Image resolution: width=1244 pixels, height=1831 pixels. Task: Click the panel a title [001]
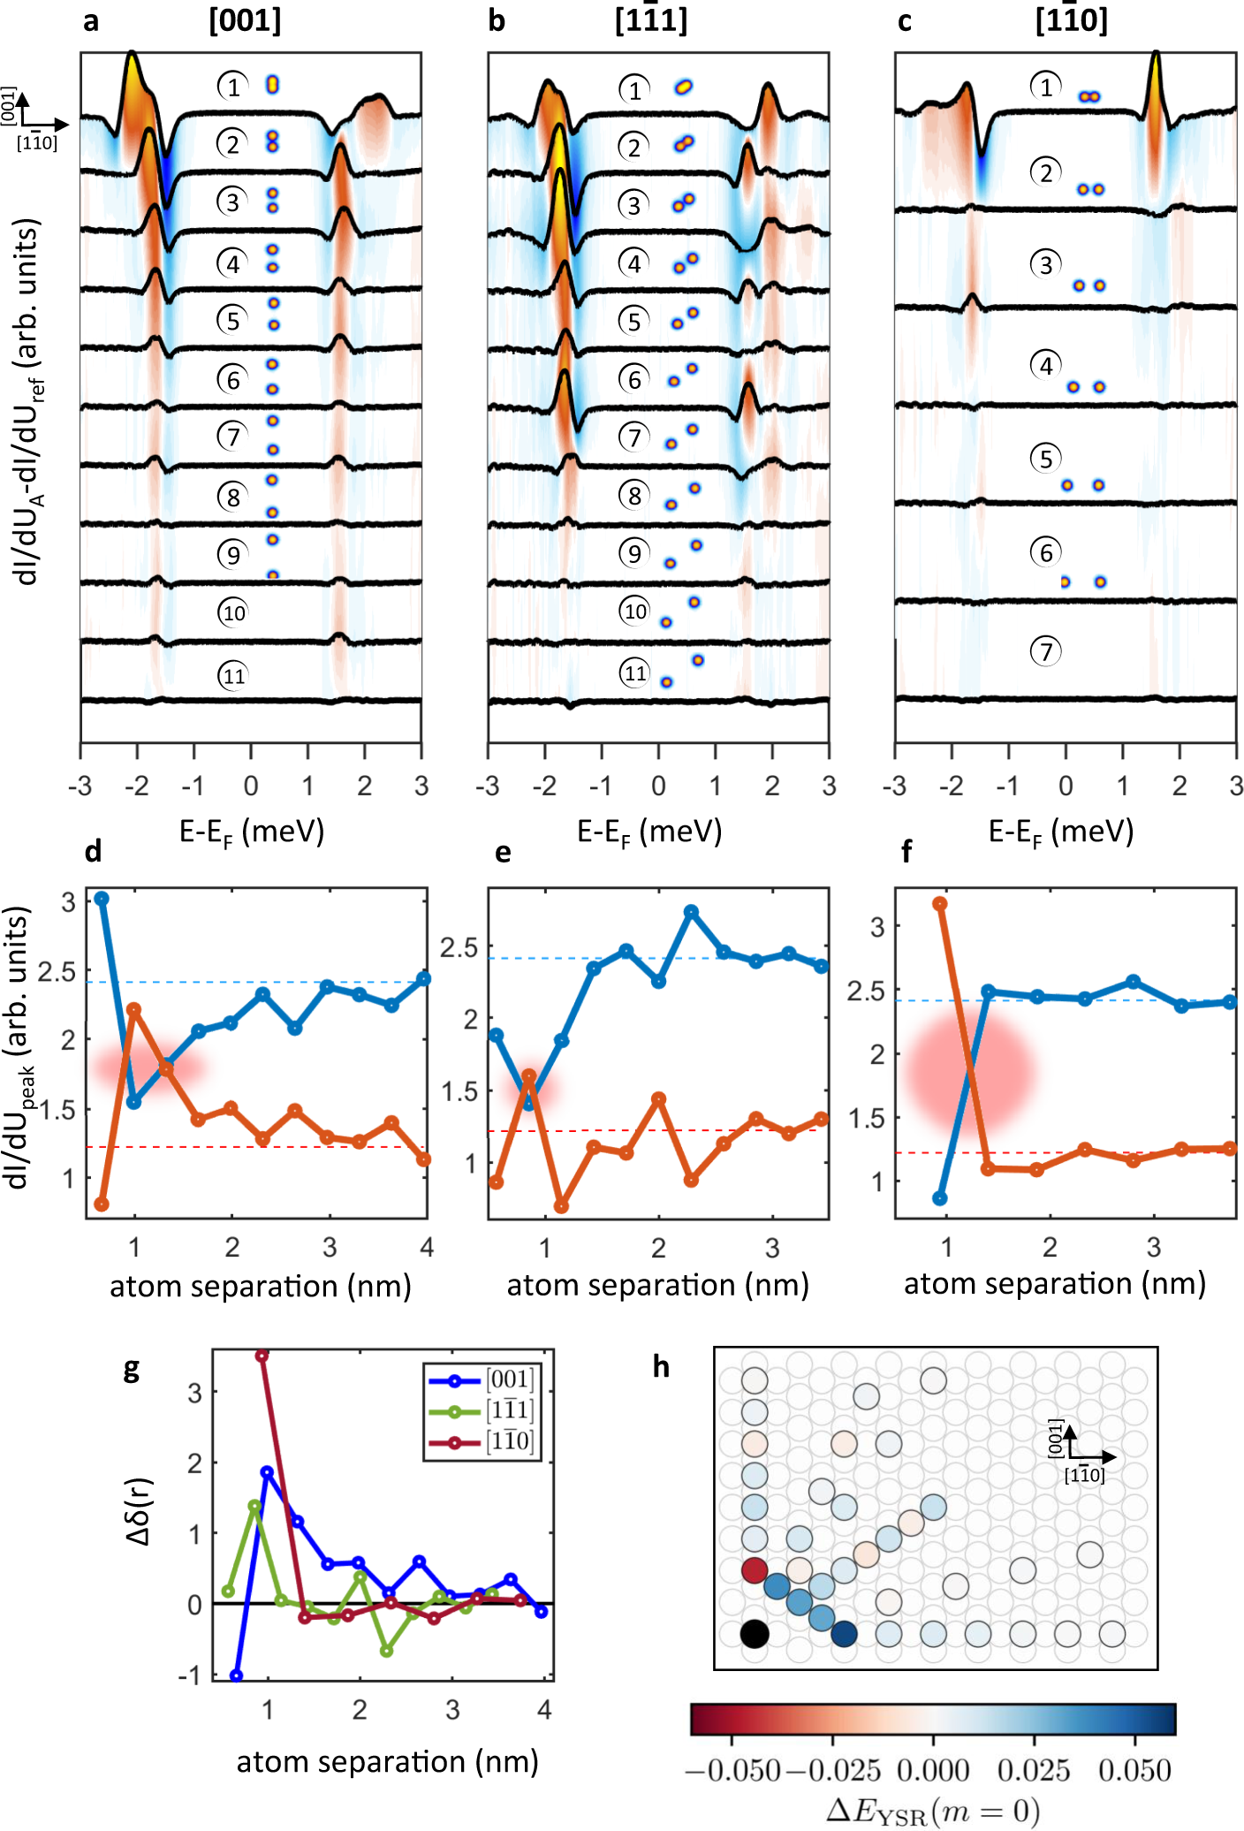click(x=245, y=19)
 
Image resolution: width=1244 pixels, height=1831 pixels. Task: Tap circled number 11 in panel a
click(x=233, y=676)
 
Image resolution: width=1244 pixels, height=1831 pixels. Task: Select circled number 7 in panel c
click(x=1045, y=652)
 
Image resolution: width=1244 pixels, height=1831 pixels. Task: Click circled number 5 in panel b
click(x=633, y=321)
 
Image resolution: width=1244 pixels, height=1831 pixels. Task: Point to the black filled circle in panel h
click(x=754, y=1634)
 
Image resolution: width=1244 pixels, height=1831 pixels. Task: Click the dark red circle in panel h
click(x=754, y=1570)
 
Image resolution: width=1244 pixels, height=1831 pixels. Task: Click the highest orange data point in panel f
click(x=940, y=903)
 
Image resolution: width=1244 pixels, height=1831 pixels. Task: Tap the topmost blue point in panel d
click(x=102, y=898)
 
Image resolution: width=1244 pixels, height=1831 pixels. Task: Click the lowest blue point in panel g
click(x=236, y=1675)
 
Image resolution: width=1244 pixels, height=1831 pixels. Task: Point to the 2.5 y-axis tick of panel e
click(x=459, y=947)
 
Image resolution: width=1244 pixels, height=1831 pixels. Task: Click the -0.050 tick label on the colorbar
click(x=732, y=1770)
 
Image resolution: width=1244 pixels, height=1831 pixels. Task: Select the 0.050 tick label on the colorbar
click(x=1134, y=1770)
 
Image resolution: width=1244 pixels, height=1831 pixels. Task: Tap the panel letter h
click(x=661, y=1368)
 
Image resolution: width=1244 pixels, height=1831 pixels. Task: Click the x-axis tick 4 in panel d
click(x=427, y=1247)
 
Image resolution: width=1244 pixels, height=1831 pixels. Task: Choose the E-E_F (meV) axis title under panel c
click(x=1060, y=832)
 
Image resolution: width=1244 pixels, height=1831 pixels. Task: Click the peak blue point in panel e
click(x=692, y=911)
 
